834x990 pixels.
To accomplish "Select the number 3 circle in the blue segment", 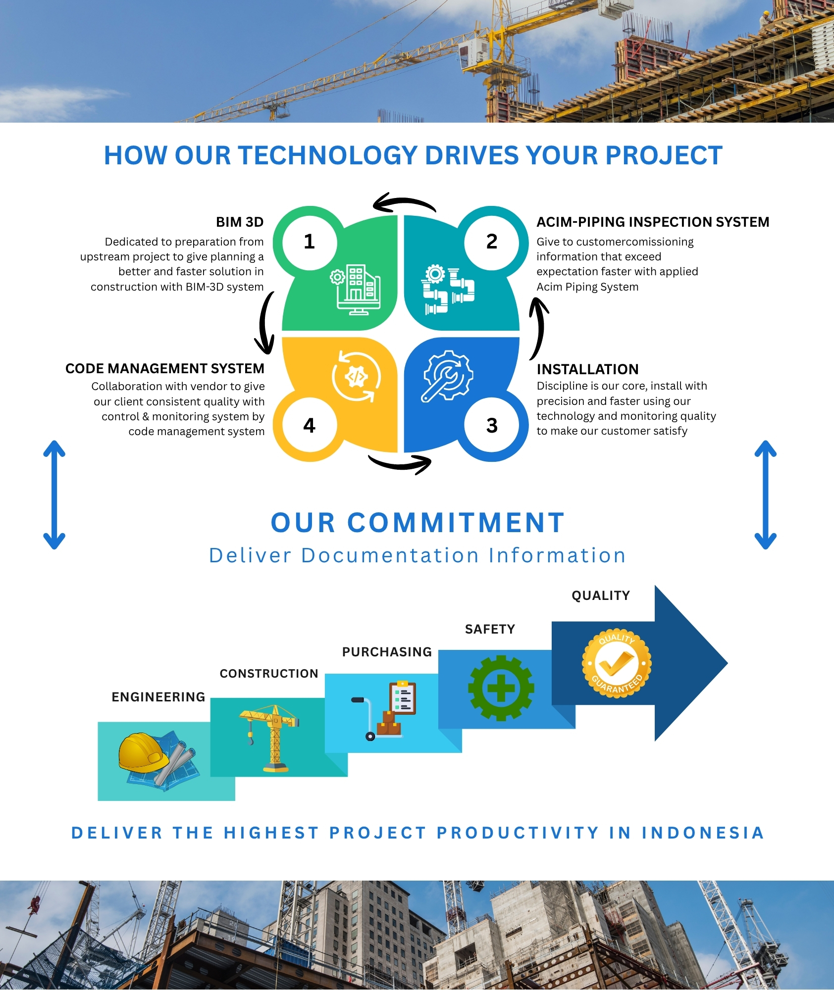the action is (x=492, y=425).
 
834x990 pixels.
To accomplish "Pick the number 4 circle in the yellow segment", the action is (x=310, y=425).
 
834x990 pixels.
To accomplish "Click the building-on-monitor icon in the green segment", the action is (x=356, y=290).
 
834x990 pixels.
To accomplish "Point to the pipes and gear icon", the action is (x=448, y=290).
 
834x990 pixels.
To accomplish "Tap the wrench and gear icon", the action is (x=447, y=376).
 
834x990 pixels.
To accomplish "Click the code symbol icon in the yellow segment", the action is (x=357, y=376).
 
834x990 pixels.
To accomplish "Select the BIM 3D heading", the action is (x=240, y=222).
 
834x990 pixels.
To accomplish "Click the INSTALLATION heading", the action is (x=588, y=369).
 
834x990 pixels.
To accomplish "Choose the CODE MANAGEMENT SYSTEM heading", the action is (x=165, y=369).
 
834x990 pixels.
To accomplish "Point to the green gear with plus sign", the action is (x=501, y=688).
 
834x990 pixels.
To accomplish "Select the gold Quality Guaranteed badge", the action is (x=617, y=664).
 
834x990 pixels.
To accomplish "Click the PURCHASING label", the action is (x=387, y=652).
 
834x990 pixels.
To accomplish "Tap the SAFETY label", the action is (x=490, y=629).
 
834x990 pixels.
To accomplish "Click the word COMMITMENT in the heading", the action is (x=456, y=523).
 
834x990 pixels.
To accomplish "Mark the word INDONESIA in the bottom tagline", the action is (x=703, y=833).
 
